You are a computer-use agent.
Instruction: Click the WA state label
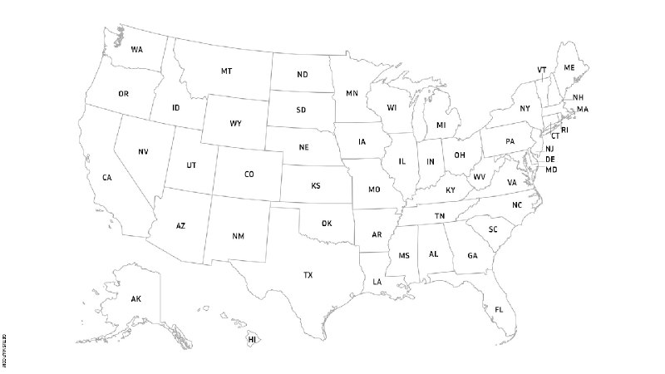[136, 50]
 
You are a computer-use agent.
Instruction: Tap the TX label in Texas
[308, 274]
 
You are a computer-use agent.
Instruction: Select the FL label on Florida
[499, 310]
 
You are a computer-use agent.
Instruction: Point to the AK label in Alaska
[136, 298]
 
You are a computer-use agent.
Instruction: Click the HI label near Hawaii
[252, 340]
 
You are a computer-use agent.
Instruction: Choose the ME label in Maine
[569, 67]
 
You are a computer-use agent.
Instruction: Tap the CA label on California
[107, 178]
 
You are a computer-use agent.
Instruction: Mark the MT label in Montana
[226, 71]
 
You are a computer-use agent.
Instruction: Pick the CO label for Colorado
[249, 175]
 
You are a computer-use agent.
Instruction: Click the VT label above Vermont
[542, 70]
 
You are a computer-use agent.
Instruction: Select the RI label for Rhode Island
[564, 130]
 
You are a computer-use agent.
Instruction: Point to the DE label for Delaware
[550, 159]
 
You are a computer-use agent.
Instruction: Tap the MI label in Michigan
[441, 125]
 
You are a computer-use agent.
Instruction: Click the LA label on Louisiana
[377, 283]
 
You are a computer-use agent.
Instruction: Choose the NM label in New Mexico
[239, 237]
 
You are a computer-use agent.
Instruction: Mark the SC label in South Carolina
[493, 229]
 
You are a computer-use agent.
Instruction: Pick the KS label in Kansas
[316, 186]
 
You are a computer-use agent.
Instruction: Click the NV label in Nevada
[143, 151]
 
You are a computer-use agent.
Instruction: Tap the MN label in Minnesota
[352, 93]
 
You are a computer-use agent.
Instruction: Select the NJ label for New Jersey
[549, 148]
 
